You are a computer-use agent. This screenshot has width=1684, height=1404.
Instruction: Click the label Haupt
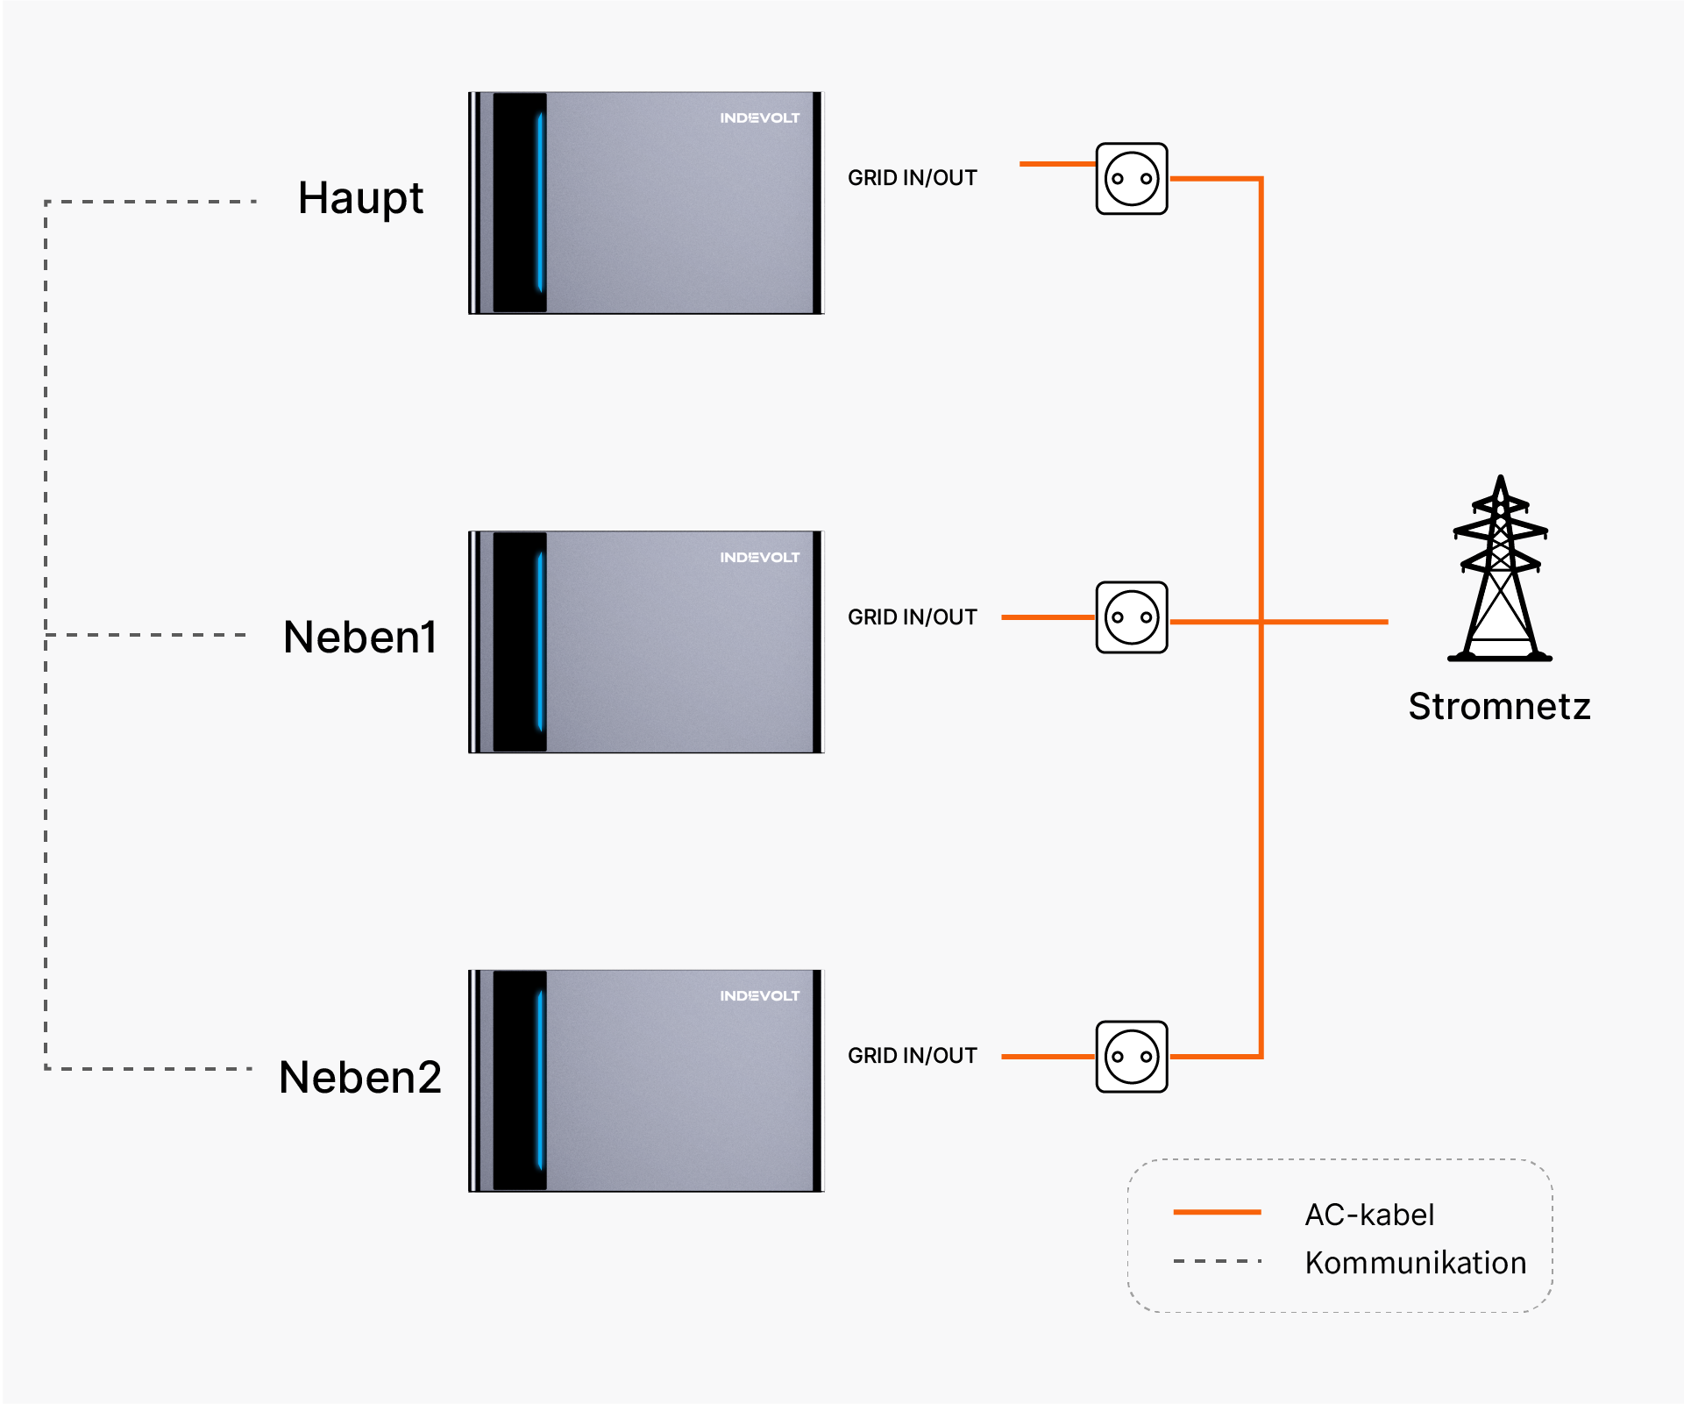pos(360,199)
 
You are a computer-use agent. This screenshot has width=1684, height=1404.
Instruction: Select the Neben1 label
pos(359,637)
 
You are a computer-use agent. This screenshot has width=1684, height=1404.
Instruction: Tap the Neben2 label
pos(359,1077)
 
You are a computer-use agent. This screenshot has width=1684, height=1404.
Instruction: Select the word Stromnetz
pos(1499,706)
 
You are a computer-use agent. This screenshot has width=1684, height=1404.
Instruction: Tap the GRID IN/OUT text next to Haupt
pos(912,178)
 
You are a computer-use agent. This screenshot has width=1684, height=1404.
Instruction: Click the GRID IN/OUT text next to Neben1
pos(912,617)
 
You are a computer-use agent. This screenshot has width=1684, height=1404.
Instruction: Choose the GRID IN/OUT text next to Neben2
pos(912,1056)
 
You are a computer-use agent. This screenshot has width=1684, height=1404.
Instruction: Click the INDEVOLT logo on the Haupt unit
pos(760,118)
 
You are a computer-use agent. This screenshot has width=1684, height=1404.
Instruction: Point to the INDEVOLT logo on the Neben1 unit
pos(760,557)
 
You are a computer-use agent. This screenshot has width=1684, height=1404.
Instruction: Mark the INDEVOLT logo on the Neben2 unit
pos(760,995)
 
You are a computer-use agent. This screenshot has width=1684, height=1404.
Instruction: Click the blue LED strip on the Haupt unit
pos(540,202)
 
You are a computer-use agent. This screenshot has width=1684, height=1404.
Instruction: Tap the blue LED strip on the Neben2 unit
pos(540,1080)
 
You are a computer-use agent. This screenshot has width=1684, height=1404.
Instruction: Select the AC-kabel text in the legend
pos(1369,1215)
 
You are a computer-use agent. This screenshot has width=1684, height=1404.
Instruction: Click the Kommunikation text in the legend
pos(1416,1263)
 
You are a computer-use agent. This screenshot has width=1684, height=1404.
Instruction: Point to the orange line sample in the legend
pos(1217,1212)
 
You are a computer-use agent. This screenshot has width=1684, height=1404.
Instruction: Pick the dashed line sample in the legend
pos(1217,1261)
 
